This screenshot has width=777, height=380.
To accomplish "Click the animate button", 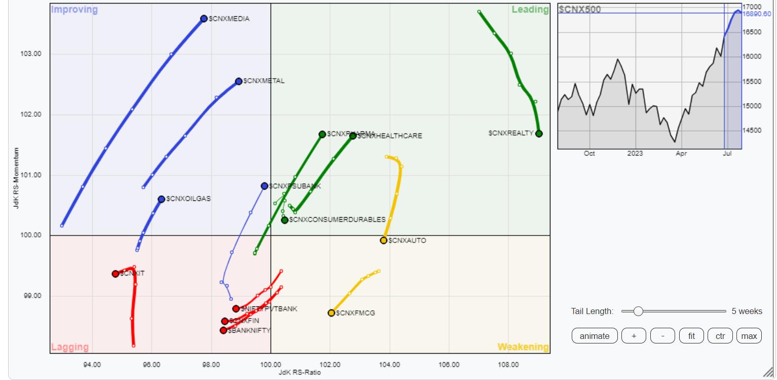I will point(595,336).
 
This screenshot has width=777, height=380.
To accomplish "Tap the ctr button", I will point(720,336).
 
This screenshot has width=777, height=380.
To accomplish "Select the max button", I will point(749,336).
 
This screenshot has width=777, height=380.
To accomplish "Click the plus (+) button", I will point(634,336).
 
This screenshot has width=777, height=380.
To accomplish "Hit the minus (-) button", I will point(662,336).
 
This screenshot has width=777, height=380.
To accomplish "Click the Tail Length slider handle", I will point(638,311).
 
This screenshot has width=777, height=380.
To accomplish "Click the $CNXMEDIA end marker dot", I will point(204,19).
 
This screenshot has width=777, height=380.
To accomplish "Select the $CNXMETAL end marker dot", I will point(239,81).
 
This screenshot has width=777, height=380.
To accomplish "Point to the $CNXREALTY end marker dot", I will point(539,133).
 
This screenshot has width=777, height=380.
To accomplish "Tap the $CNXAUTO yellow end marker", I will point(384,240).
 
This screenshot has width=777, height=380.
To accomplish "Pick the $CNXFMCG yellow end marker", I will point(331,313).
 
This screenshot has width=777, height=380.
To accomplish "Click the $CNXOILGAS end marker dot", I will point(161,199).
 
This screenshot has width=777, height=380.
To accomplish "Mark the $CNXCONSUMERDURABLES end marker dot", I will point(285,220).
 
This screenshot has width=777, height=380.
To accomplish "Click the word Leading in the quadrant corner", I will point(530,10).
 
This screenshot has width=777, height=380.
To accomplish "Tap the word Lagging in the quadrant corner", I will point(69,348).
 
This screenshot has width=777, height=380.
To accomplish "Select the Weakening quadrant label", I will point(523,348).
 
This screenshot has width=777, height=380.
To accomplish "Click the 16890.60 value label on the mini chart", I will point(757,14).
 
